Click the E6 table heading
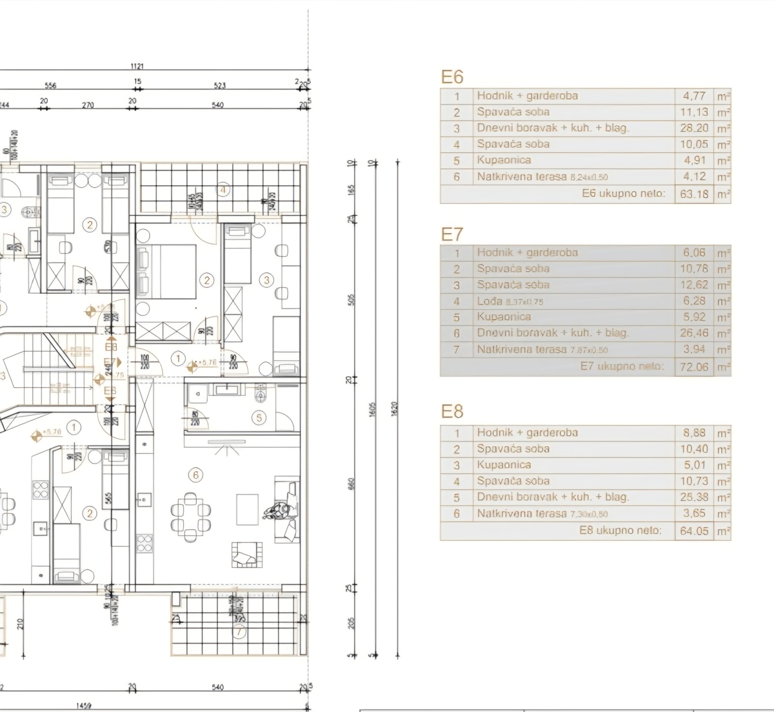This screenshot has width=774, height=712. [x=452, y=77]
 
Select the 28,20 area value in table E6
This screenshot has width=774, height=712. [x=694, y=128]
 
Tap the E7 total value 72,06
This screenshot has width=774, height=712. [x=694, y=367]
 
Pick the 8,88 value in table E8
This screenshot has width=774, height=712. [x=694, y=433]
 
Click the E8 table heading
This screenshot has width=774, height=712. [x=452, y=411]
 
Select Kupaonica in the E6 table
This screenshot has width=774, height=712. [x=504, y=160]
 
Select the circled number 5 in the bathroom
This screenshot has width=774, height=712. [x=259, y=418]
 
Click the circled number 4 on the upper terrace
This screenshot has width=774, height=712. [x=223, y=190]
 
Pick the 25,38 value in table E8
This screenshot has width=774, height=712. [x=694, y=498]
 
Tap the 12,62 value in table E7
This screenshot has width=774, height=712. [x=694, y=285]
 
